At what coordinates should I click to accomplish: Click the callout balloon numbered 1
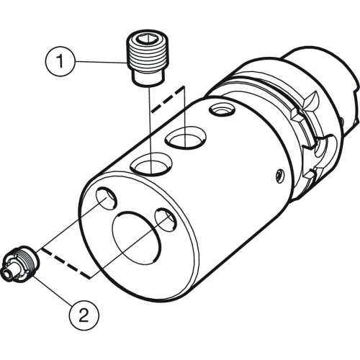(60, 61)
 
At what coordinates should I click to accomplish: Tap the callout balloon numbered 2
(84, 315)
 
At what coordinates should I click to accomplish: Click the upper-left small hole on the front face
(107, 197)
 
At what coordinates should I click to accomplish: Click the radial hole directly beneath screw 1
(151, 163)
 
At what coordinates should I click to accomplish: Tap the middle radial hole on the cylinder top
(186, 138)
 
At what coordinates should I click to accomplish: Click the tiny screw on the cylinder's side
(279, 177)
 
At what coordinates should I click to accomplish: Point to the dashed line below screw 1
(168, 99)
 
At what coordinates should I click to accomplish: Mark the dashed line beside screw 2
(66, 264)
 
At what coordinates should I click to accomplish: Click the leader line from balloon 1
(101, 62)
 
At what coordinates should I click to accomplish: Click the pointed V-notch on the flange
(311, 102)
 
